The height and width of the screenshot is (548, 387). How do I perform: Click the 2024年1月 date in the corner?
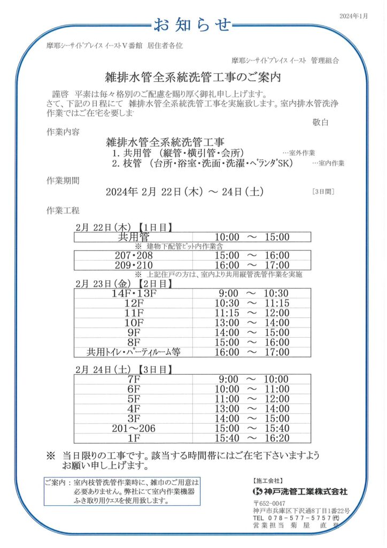[354, 17]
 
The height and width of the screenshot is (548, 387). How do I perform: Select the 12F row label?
[134, 303]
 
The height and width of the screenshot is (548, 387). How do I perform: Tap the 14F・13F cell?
[134, 293]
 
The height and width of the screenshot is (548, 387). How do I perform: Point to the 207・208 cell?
[134, 256]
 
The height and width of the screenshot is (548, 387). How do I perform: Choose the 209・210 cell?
[134, 265]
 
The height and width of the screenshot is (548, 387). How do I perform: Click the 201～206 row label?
[134, 428]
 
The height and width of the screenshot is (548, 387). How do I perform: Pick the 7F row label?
[134, 379]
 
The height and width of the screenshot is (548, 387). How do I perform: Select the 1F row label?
[134, 438]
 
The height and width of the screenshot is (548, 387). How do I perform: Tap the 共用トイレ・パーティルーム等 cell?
[134, 352]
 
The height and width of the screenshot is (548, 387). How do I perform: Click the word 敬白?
[320, 123]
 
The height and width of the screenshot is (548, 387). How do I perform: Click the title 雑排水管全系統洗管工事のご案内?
[193, 77]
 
